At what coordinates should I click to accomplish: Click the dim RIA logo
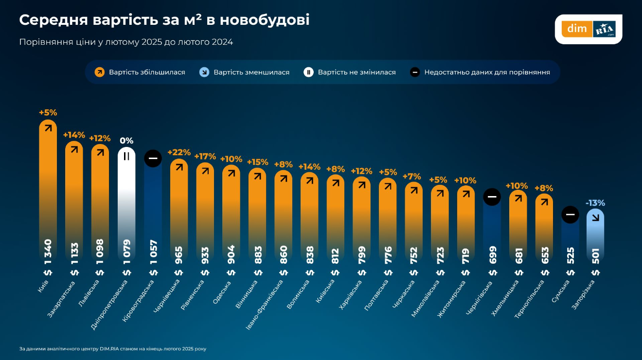588,29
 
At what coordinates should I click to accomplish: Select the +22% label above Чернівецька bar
178,152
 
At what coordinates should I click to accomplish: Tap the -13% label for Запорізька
595,203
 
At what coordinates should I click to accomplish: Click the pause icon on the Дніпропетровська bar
126,156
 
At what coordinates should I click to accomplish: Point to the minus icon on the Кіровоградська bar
153,158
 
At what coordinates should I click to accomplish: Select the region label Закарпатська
62,299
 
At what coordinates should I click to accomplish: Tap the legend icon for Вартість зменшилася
204,72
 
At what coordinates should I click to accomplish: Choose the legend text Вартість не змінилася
357,72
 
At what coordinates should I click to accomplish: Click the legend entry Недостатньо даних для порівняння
487,72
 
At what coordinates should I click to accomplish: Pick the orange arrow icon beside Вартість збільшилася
100,72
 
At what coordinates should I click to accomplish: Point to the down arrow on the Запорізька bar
595,217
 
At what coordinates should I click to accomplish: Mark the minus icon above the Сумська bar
570,215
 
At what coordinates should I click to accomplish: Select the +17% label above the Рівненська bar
205,157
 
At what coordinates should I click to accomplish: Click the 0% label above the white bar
126,141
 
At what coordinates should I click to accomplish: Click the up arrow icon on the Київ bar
48,128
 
